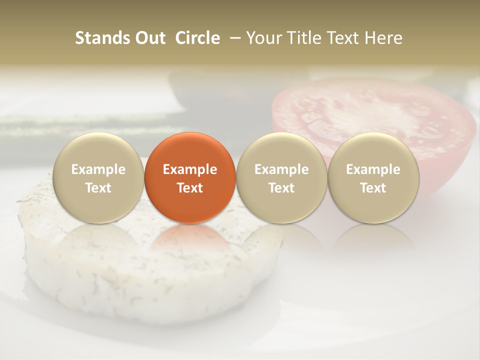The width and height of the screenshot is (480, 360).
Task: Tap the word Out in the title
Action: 149,38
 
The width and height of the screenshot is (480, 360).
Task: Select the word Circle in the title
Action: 197,38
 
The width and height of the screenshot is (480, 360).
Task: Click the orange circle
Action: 189,150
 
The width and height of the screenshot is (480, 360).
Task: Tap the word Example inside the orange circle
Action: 189,169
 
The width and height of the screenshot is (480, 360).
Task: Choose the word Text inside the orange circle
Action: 189,188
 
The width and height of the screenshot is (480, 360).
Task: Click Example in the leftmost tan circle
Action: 98,169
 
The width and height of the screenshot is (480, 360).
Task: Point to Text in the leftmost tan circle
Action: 98,188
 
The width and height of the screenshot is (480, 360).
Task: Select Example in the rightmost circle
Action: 373,169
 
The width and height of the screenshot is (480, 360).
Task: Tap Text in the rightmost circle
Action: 373,188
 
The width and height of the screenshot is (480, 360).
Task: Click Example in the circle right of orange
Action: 281,169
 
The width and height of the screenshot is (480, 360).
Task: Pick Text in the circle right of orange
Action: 281,188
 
